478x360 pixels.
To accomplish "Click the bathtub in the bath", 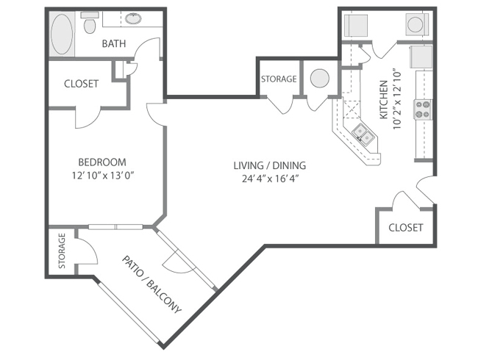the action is tap(62, 34).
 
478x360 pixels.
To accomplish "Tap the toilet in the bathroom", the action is tap(89, 24).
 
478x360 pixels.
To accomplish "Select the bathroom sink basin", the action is tap(133, 18).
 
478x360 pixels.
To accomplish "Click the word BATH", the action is tap(114, 44).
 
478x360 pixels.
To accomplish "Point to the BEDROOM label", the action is tap(102, 162).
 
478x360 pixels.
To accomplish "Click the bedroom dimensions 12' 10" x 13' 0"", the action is tap(103, 176).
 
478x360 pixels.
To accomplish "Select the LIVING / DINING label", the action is tap(270, 165).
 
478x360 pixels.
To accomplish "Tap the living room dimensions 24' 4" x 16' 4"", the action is tap(270, 179).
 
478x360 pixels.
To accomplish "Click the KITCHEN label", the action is tap(383, 100).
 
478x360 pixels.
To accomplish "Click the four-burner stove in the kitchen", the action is tap(423, 109).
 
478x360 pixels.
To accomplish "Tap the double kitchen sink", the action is tap(365, 134).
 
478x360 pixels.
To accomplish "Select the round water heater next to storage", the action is tap(319, 79).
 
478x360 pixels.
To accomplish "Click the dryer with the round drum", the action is tap(415, 24).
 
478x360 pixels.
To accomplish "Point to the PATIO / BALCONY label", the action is tap(151, 284).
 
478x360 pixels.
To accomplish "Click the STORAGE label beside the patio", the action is tap(62, 251).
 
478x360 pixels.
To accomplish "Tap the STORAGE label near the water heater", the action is tap(279, 79).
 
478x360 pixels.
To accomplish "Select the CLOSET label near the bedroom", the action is tap(81, 84).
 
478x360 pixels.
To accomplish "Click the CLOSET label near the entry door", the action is tap(406, 228).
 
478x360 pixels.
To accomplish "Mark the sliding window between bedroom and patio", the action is tap(115, 226).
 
